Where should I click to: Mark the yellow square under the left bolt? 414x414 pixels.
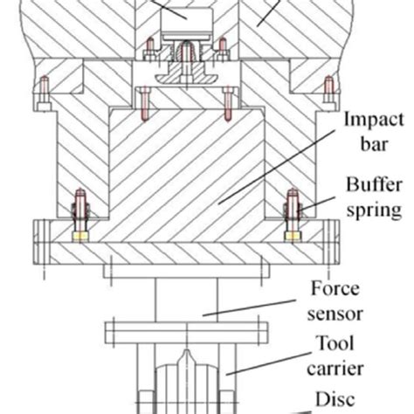(80, 236)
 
